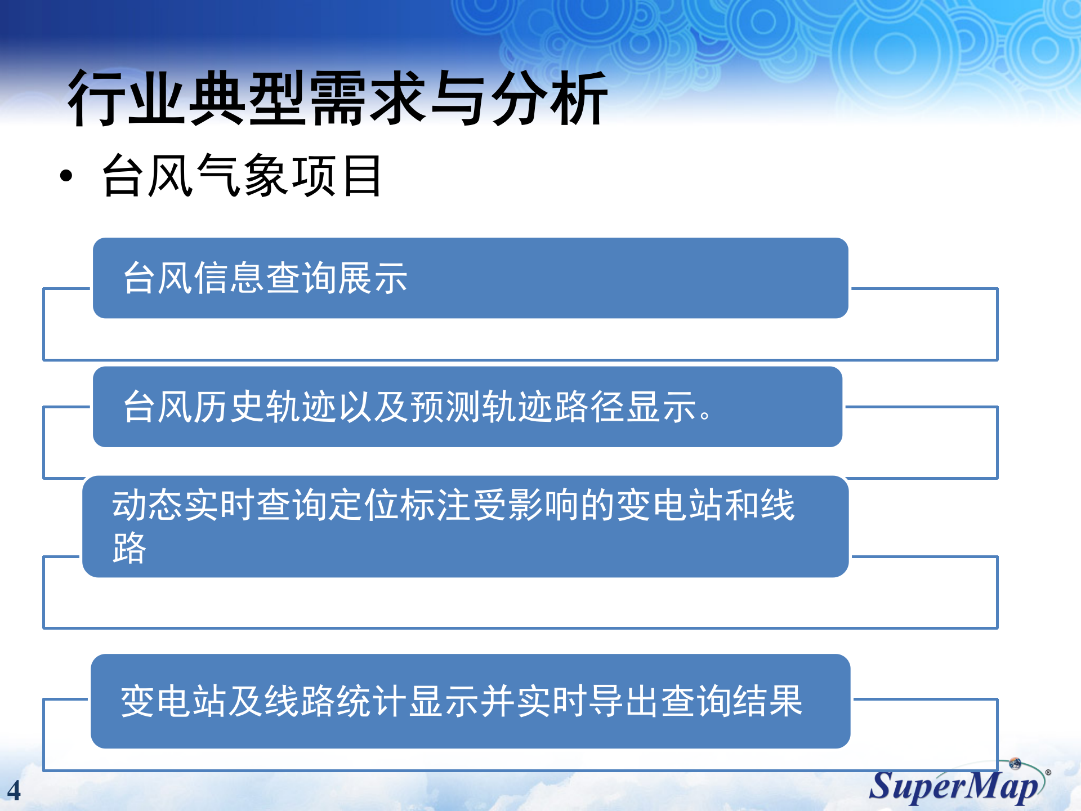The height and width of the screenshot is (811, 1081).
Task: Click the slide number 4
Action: coord(14,791)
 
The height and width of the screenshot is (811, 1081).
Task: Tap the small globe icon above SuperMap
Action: coord(1015,764)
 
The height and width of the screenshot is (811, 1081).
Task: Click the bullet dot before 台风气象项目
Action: coord(66,176)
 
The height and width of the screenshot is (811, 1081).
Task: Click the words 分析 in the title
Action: coord(548,99)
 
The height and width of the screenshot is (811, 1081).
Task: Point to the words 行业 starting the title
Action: coord(126,99)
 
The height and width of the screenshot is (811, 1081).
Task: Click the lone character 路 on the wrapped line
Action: coord(129,547)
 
